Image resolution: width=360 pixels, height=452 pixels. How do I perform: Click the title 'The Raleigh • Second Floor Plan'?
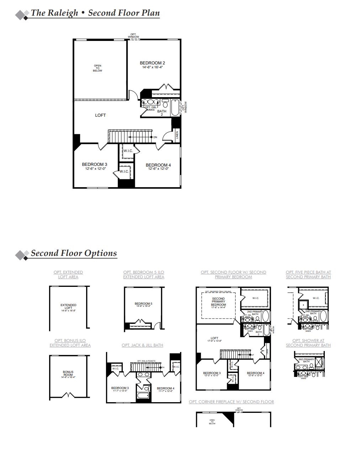[95, 13]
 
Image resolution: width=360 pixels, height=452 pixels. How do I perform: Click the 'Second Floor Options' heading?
[74, 253]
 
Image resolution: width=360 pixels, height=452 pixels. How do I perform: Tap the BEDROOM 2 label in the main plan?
[152, 63]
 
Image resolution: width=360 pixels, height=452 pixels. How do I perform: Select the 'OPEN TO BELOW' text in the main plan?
[97, 68]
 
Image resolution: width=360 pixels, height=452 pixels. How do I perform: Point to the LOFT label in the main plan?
[100, 115]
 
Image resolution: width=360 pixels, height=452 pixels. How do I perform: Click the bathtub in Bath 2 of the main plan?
[175, 107]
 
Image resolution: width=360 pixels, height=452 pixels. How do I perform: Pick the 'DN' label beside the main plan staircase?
[155, 137]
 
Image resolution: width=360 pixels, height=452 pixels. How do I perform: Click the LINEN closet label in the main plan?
[177, 135]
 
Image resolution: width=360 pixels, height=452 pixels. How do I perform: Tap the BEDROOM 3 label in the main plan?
[94, 164]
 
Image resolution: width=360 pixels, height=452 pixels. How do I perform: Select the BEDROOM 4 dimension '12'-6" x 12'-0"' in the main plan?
[158, 169]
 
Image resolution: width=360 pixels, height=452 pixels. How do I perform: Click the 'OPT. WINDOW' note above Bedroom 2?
[133, 36]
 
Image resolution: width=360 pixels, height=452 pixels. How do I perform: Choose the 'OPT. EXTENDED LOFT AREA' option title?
[68, 274]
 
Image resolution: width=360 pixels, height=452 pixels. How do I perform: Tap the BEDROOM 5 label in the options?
[143, 304]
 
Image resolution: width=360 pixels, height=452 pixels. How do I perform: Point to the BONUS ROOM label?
[68, 373]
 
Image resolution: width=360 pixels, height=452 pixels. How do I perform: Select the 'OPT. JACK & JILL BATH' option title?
[142, 345]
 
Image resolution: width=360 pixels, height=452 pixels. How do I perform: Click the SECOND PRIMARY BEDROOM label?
[218, 301]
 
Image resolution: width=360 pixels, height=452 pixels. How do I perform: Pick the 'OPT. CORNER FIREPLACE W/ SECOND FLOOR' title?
[231, 402]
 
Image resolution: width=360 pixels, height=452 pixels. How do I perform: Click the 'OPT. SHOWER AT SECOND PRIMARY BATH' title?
[308, 343]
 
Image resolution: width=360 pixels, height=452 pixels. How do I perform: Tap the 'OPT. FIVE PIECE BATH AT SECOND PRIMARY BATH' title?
[308, 274]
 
